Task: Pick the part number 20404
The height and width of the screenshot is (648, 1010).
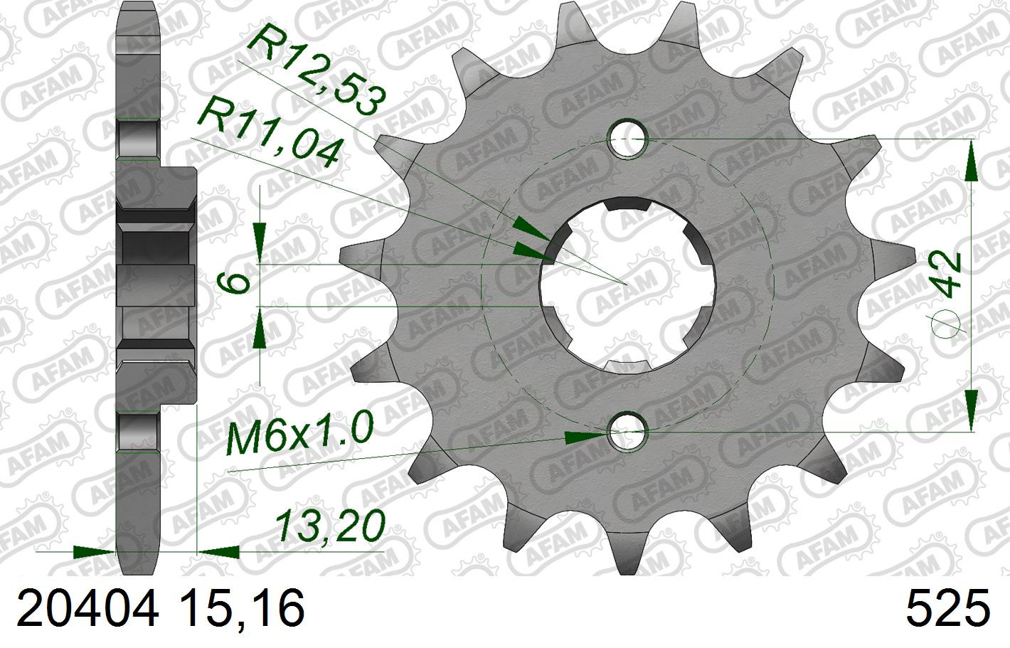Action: click(x=88, y=610)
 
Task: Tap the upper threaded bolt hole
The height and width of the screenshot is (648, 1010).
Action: click(x=627, y=139)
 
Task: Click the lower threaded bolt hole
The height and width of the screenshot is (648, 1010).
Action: click(x=627, y=432)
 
